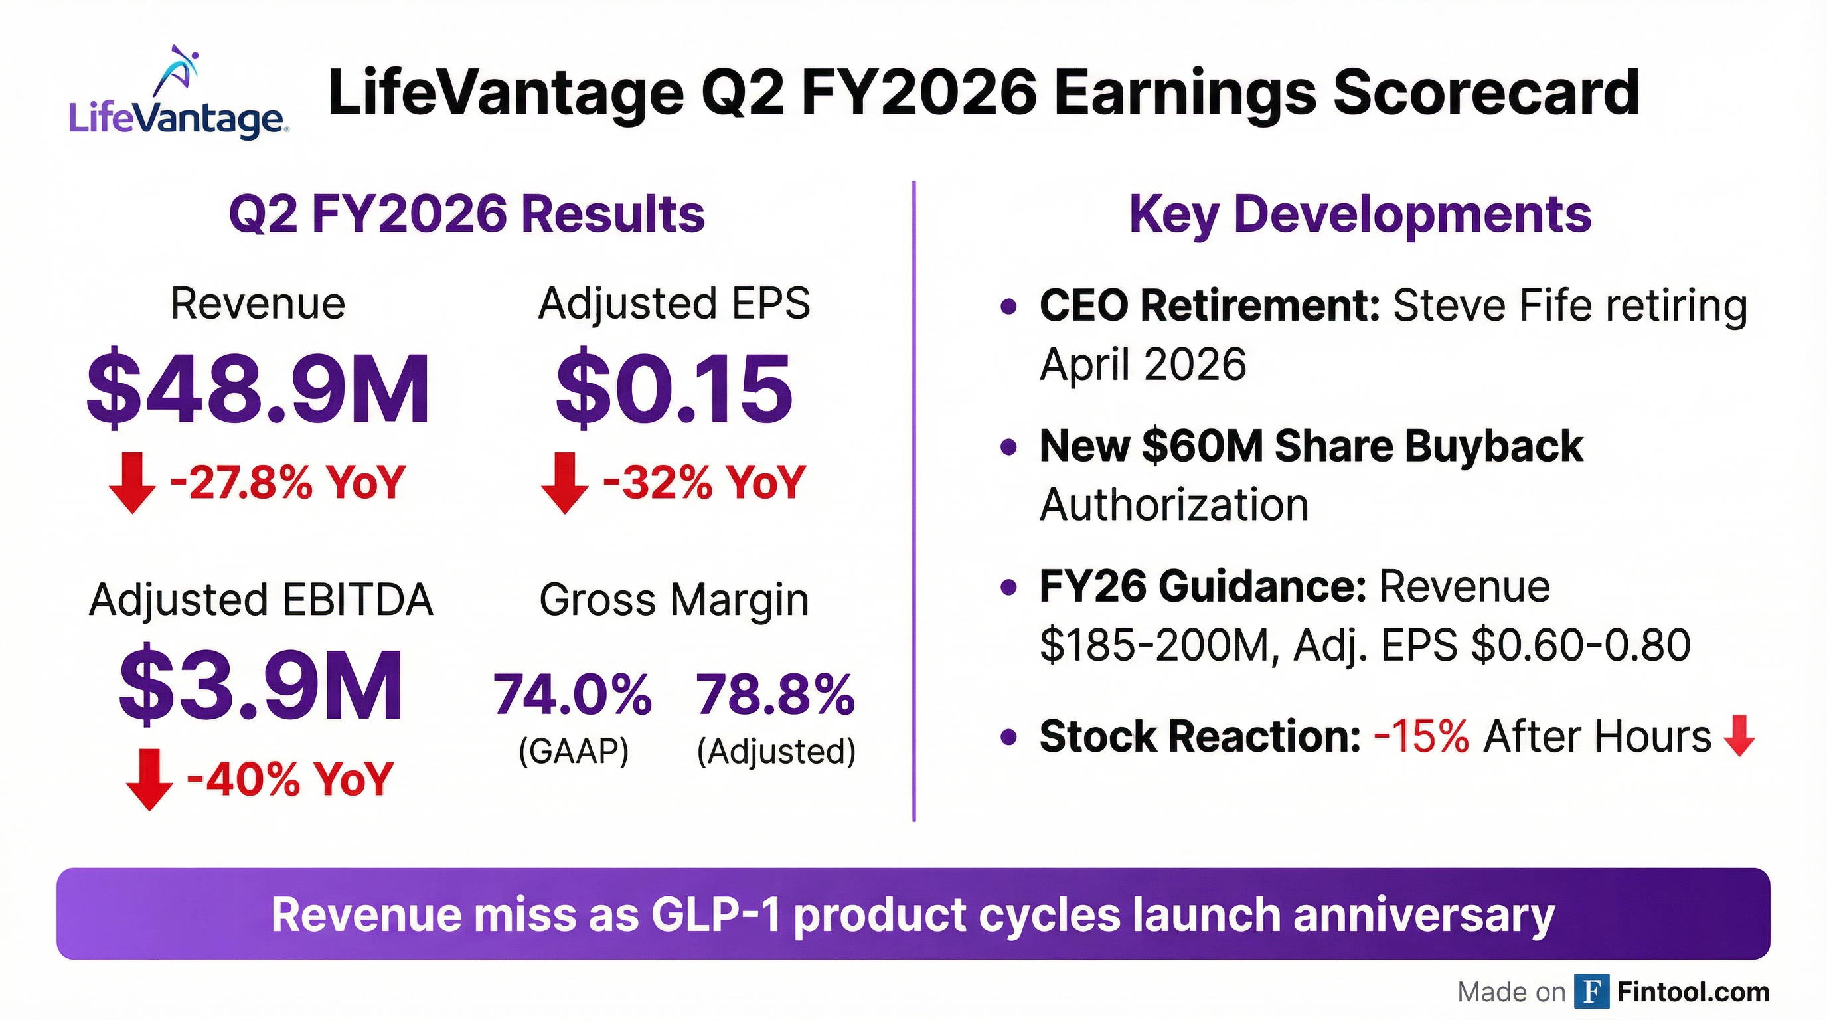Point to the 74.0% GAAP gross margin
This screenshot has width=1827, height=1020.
pos(572,695)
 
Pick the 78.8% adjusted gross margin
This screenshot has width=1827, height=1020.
pos(775,695)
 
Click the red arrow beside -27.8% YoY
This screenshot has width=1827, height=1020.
pos(132,482)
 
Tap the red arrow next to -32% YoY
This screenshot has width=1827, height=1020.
pos(564,482)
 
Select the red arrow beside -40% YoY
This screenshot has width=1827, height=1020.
pos(149,779)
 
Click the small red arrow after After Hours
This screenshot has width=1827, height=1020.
pos(1739,736)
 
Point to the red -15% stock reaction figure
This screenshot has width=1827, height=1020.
pos(1421,736)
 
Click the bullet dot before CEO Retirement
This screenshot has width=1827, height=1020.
pos(1008,307)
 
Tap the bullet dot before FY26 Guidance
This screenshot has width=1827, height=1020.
pos(1008,588)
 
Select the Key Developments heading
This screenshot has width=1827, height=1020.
pos(1360,214)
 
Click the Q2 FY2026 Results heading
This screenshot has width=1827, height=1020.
pos(467,214)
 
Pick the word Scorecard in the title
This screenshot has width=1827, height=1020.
pos(1486,94)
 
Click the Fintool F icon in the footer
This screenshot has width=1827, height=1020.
pos(1591,991)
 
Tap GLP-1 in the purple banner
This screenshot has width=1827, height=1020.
pos(715,914)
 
